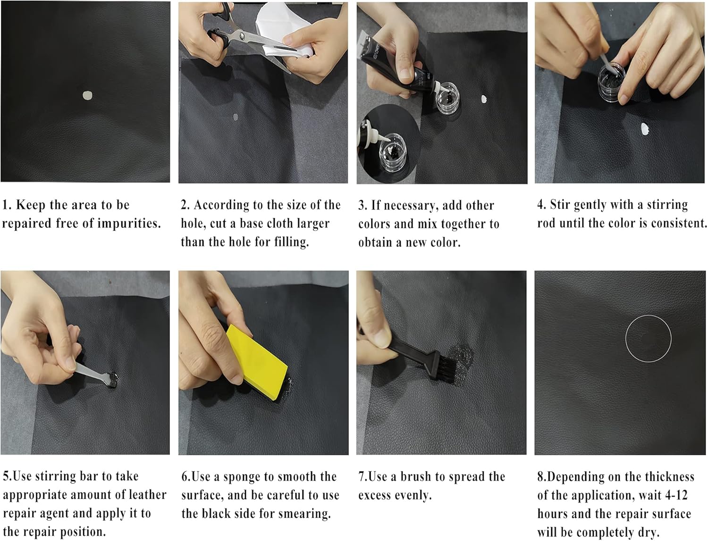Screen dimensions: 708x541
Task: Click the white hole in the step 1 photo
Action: point(87,95)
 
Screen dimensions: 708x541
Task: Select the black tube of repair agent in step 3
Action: point(400,61)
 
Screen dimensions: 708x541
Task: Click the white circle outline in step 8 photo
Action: point(625,339)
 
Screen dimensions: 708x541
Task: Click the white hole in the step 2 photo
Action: point(236,117)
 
